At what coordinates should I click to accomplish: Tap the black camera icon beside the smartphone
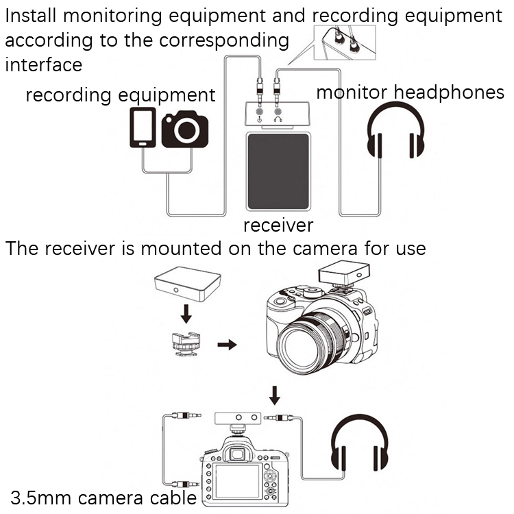185,130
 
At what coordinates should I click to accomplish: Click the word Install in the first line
32,16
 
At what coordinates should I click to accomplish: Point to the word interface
44,65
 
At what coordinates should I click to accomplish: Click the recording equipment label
121,95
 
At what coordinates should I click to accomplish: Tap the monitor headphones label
410,93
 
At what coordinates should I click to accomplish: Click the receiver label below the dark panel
278,225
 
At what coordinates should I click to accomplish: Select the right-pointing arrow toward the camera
227,343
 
